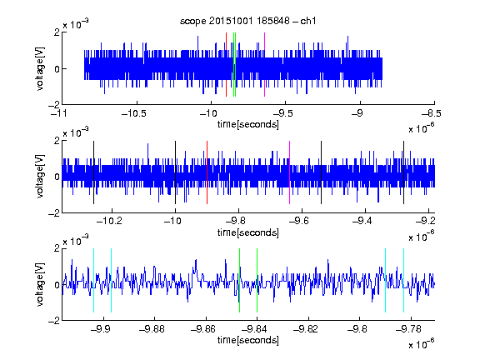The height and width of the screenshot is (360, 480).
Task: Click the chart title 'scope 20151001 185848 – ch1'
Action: (x=247, y=21)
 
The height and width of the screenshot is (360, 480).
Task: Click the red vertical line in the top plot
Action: (x=226, y=65)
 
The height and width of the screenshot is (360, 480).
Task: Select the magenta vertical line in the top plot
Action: (x=264, y=65)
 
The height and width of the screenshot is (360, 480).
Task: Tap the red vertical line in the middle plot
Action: (x=207, y=172)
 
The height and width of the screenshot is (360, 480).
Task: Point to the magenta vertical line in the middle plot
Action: (x=290, y=172)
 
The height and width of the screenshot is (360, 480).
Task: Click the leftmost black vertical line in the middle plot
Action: (x=93, y=172)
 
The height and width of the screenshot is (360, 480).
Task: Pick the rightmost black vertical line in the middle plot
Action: (x=403, y=172)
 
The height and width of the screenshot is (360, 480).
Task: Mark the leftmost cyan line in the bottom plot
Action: (x=93, y=280)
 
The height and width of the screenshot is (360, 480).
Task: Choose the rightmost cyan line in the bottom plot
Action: (x=403, y=280)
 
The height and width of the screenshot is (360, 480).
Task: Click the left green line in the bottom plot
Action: (x=239, y=280)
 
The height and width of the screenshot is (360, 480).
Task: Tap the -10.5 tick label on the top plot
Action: (x=134, y=113)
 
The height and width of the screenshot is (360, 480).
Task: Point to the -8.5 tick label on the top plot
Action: (x=432, y=113)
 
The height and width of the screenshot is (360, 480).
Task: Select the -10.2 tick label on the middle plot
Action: (x=109, y=221)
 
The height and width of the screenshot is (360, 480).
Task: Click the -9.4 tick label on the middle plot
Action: (x=362, y=221)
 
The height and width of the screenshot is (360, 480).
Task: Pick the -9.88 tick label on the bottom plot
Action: (x=152, y=329)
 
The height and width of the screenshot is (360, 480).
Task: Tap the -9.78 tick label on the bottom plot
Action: (x=408, y=329)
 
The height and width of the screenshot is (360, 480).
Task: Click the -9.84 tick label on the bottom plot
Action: (x=254, y=329)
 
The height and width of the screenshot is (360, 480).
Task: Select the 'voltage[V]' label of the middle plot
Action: (x=40, y=177)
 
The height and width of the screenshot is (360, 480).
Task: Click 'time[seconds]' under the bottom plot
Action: (x=248, y=340)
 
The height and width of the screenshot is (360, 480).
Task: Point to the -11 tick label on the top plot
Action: (x=58, y=113)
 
